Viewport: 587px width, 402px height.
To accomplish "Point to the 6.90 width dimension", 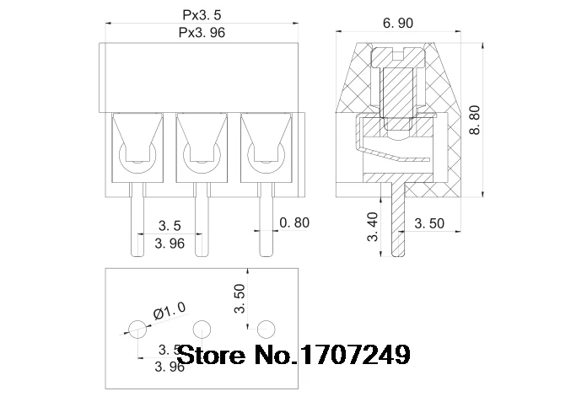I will tap(397, 24).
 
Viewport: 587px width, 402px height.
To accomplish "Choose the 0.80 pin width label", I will tap(294, 222).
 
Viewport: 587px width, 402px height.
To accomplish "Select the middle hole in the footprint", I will tap(202, 328).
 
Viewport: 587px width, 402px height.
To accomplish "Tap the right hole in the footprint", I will tap(267, 328).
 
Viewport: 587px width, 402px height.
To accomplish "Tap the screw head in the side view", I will tap(397, 60).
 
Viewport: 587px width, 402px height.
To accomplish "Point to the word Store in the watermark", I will tap(207, 355).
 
